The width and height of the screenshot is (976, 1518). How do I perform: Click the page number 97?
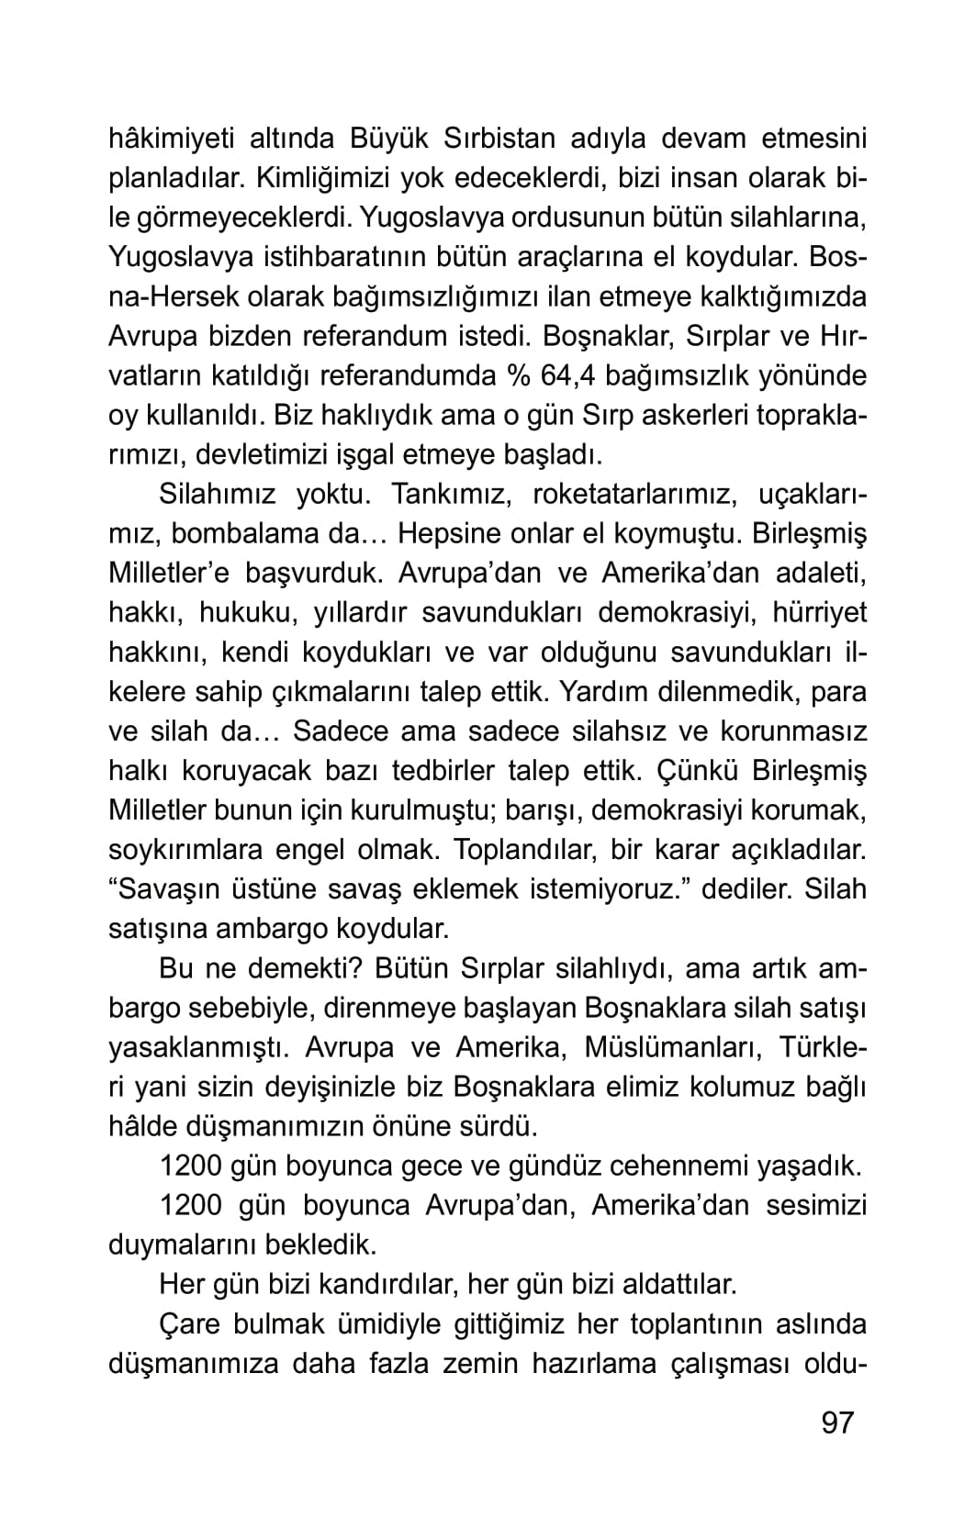836,1423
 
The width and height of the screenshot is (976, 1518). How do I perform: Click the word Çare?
190,1323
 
